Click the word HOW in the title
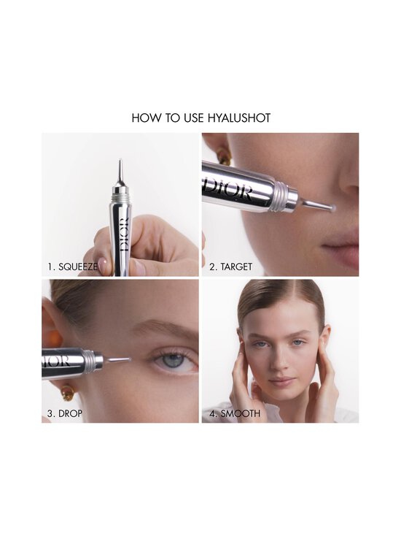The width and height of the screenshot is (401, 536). tap(144, 118)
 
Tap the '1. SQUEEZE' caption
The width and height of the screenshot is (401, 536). tap(73, 267)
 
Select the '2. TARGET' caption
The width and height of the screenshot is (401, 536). tap(230, 267)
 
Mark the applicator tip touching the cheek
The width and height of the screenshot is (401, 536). tap(330, 209)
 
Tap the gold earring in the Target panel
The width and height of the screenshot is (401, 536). tap(221, 156)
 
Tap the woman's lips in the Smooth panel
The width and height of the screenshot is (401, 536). tap(281, 382)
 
